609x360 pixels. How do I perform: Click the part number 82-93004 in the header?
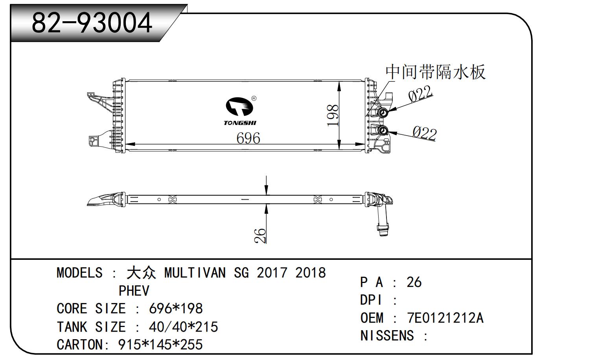coord(92,22)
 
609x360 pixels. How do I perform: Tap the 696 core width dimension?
coord(248,138)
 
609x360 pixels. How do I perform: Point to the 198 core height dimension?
coord(333,115)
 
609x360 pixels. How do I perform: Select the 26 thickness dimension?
coord(261,235)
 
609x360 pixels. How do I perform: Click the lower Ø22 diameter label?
coord(425,133)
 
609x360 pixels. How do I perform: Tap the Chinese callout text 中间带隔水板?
coord(435,72)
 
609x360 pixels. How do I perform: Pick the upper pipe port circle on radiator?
coord(383,114)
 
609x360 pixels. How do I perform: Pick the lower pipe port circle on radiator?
coord(383,130)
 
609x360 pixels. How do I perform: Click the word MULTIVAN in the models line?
coord(195,273)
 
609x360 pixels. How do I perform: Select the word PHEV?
coord(134,291)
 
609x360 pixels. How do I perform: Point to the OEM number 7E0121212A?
coord(445,318)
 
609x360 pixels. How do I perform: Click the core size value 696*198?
coord(176,309)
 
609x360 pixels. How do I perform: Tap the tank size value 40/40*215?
coord(183,327)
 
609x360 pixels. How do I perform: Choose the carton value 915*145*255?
coord(160,345)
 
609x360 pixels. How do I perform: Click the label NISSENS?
coord(387,336)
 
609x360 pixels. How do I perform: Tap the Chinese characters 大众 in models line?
coord(141,273)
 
